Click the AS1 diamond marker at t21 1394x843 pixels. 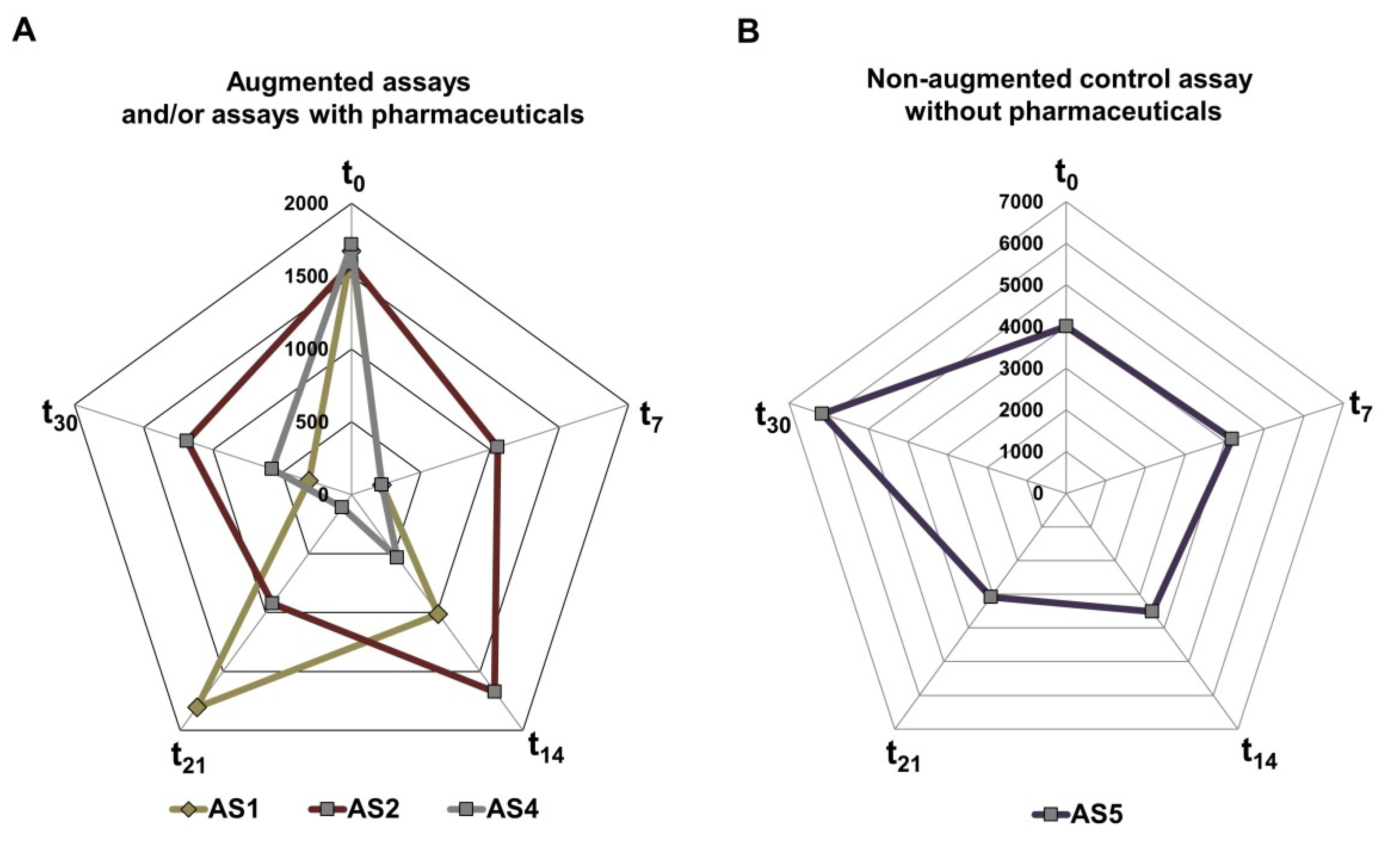point(197,707)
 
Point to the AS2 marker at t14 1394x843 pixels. point(494,691)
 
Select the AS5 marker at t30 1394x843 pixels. point(822,413)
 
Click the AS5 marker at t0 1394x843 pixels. point(1066,326)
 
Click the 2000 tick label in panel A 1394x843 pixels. point(306,203)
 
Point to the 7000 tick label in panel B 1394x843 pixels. point(1021,201)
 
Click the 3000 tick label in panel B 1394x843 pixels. point(1021,368)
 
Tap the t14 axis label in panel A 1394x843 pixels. point(546,748)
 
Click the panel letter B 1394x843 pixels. point(748,31)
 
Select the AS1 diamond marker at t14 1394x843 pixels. point(438,614)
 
